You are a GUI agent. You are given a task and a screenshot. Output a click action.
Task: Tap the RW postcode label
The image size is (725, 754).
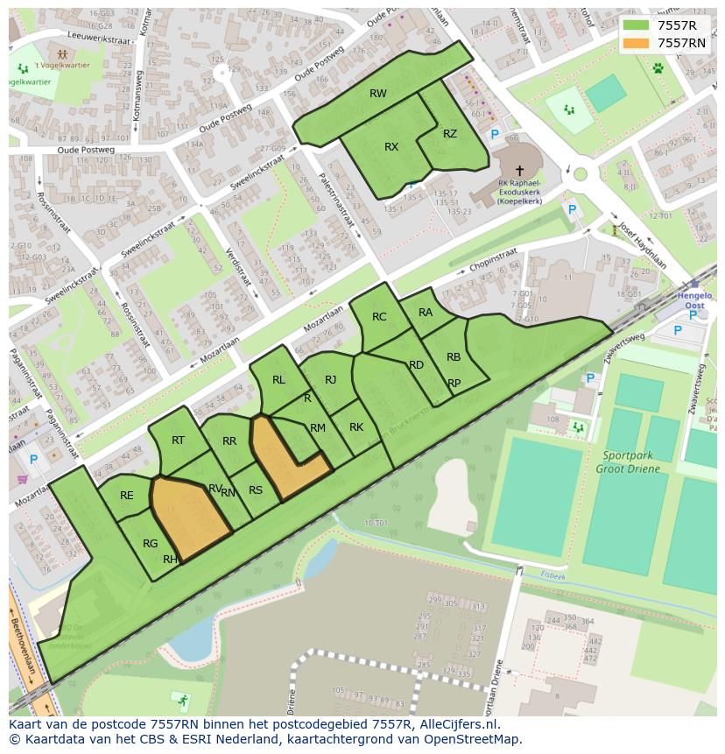click(377, 94)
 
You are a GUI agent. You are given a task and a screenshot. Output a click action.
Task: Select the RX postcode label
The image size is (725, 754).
click(391, 147)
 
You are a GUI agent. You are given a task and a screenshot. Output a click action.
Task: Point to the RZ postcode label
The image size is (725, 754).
click(450, 134)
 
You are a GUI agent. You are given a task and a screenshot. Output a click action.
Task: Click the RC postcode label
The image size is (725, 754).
click(379, 317)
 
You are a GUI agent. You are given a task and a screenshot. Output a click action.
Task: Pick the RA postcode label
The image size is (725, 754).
click(426, 313)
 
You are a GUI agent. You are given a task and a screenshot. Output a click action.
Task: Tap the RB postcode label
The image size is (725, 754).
click(454, 357)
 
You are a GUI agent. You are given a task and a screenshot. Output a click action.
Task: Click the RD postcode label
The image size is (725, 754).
click(417, 365)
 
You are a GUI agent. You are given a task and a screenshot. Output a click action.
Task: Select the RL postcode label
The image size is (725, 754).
click(278, 380)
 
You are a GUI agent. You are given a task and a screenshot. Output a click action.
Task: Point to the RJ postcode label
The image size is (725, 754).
click(330, 380)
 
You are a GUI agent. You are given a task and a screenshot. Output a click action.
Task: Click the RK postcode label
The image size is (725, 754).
click(356, 427)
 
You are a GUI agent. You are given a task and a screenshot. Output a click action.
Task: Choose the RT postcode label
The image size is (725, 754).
click(178, 440)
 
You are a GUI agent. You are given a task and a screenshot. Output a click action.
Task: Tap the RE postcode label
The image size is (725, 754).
click(127, 496)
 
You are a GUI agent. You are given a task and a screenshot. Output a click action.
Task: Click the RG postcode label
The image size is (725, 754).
click(151, 544)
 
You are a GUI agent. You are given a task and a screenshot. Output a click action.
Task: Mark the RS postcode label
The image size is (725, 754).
click(256, 490)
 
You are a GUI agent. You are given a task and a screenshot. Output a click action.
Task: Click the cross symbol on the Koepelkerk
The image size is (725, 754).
click(519, 171)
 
